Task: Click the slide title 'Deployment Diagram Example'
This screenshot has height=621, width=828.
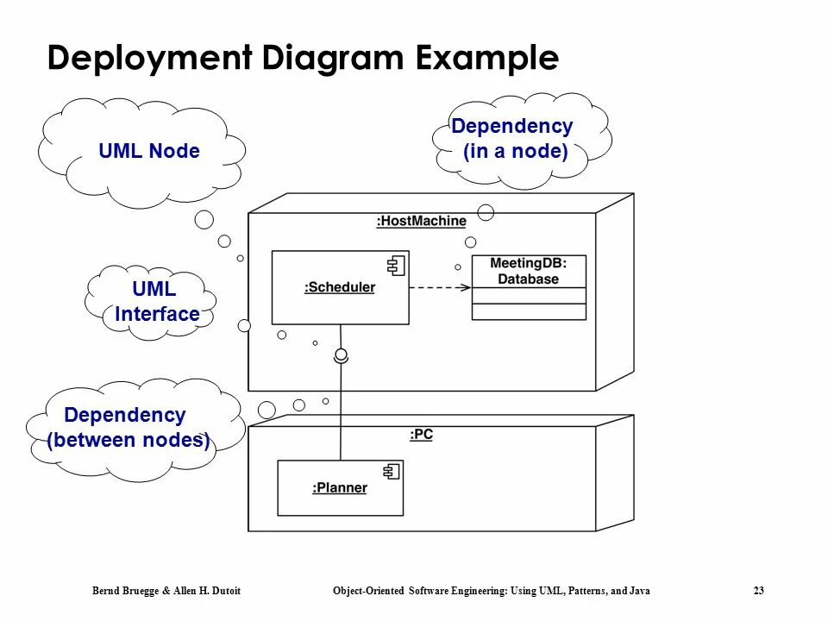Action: click(x=303, y=59)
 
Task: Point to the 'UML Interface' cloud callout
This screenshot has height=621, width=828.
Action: click(x=155, y=302)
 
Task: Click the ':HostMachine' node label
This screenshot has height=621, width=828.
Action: click(x=421, y=221)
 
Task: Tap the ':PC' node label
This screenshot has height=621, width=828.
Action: click(x=421, y=435)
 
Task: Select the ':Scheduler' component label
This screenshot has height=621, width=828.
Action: click(x=340, y=287)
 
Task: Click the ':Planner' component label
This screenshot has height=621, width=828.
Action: click(x=339, y=488)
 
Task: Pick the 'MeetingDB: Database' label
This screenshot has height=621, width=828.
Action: click(x=528, y=271)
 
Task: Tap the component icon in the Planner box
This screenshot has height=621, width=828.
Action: click(x=391, y=472)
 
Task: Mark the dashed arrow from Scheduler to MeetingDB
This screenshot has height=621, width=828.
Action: click(x=440, y=287)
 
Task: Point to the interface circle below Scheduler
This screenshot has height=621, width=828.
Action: click(x=341, y=354)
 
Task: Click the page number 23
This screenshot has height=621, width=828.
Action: click(x=758, y=591)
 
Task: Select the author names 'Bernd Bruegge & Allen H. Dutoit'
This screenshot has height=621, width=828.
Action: click(x=166, y=591)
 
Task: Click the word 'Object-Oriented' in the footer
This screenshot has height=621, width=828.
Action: click(x=366, y=591)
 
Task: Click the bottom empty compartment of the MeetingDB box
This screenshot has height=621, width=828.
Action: click(x=528, y=311)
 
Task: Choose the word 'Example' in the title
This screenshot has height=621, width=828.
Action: click(x=486, y=59)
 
